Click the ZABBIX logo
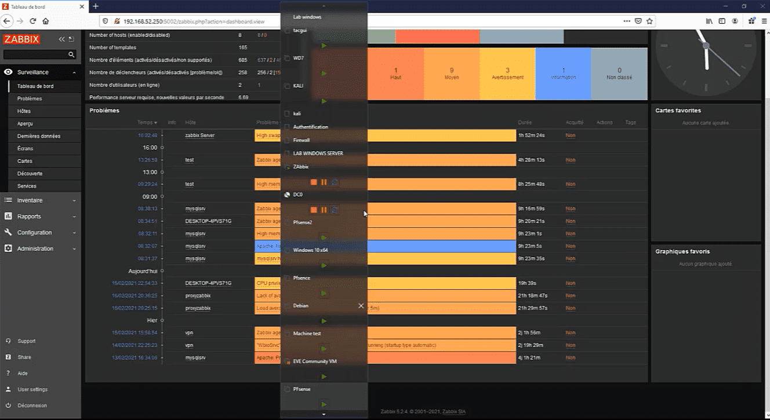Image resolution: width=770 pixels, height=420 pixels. (x=21, y=39)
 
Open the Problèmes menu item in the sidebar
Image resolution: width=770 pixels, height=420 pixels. (x=30, y=98)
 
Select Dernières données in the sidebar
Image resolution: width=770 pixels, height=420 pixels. (x=39, y=136)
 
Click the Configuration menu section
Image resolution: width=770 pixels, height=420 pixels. (x=34, y=232)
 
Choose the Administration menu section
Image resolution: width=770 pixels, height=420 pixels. (x=35, y=249)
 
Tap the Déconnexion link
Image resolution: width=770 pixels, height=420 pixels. (x=32, y=406)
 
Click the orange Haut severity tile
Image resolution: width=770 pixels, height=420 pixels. (x=396, y=74)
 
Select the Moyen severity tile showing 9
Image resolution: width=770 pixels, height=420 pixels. (x=452, y=74)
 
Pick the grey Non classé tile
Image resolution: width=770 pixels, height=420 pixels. (x=619, y=74)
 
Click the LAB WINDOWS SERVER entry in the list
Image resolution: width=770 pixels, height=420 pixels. (x=318, y=154)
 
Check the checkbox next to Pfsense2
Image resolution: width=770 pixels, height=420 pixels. (x=287, y=222)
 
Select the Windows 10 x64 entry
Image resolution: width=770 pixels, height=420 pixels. (x=310, y=250)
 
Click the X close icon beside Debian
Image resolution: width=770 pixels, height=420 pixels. (x=361, y=306)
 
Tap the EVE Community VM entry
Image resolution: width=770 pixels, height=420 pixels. (x=315, y=361)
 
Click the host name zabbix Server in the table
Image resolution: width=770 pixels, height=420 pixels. (x=199, y=135)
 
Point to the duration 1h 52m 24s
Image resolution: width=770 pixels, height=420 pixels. (x=531, y=135)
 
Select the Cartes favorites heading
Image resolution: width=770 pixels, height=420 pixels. (x=678, y=110)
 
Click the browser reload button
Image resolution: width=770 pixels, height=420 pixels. (x=33, y=21)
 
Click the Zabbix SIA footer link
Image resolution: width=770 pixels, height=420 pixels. (x=454, y=412)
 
